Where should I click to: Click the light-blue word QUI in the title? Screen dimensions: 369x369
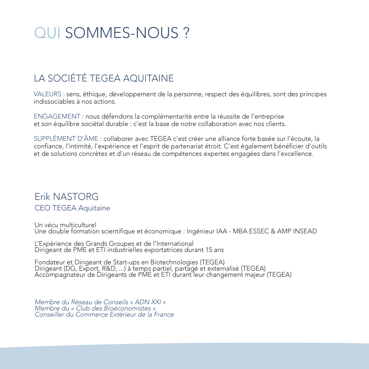[48, 33]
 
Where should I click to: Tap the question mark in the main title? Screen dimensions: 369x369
[187, 33]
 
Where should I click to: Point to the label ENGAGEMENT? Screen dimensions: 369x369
[57, 116]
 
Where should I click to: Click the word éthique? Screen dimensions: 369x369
[95, 94]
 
